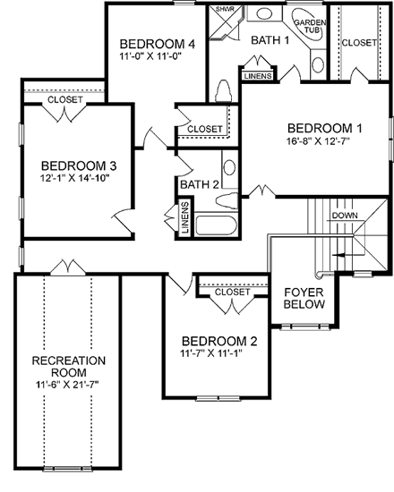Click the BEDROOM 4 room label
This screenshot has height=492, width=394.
[158, 44]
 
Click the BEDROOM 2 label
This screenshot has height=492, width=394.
[219, 341]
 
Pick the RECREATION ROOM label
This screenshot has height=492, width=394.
[69, 367]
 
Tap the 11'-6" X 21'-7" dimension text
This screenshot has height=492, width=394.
[69, 385]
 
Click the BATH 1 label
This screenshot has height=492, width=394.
[270, 40]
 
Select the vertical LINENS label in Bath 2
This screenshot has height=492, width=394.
[184, 219]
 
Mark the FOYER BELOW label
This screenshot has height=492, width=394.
[303, 298]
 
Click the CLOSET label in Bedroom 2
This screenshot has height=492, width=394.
[232, 292]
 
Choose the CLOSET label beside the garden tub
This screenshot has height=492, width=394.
[358, 41]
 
